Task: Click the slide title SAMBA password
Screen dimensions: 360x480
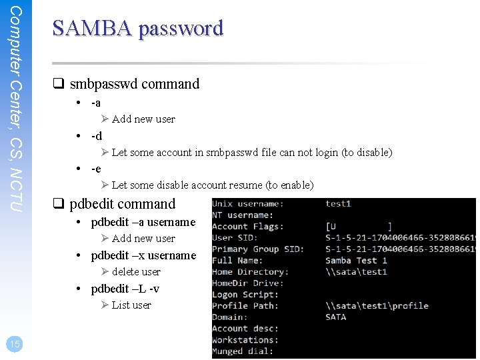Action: click(137, 28)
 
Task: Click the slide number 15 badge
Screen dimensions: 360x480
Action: click(14, 344)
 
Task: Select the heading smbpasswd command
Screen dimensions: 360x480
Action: click(134, 84)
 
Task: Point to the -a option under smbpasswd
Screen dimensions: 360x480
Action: click(96, 103)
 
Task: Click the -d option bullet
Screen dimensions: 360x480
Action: click(97, 136)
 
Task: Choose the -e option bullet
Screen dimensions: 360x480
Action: click(96, 169)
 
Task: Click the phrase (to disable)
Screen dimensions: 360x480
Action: click(366, 153)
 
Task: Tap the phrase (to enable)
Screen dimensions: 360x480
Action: click(289, 185)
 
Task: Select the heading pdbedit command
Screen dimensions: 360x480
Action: click(122, 204)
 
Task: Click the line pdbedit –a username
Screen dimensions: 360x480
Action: click(143, 222)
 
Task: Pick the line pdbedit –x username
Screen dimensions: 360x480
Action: click(143, 255)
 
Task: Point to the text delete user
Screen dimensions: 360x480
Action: click(136, 272)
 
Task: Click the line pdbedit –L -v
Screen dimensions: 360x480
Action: click(125, 289)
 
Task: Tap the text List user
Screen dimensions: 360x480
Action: click(131, 305)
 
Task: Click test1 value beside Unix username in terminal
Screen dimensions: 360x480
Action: click(338, 204)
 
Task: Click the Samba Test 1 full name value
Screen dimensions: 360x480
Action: click(356, 261)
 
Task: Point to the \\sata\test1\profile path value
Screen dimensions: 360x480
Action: click(377, 306)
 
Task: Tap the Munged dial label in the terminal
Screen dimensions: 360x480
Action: click(243, 351)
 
